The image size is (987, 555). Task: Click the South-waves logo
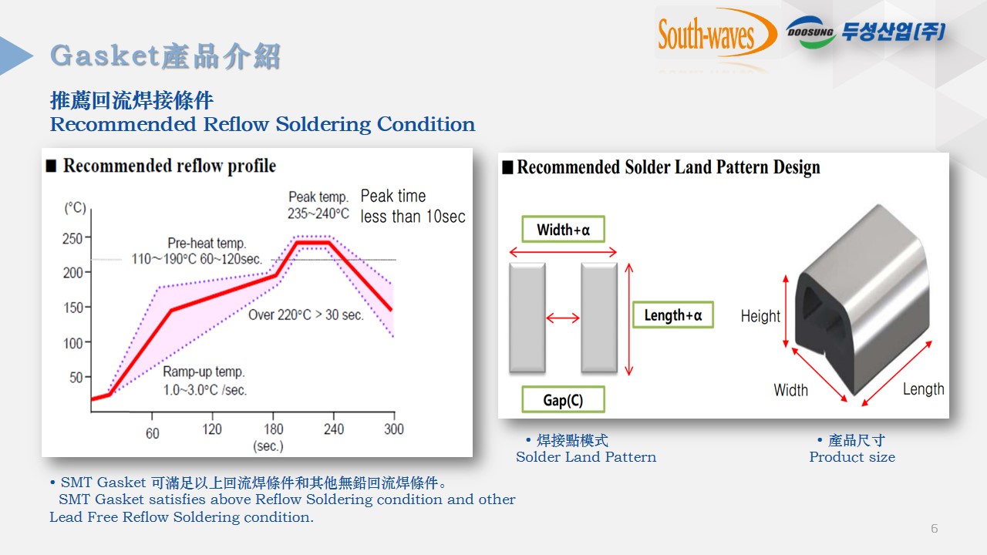point(717,33)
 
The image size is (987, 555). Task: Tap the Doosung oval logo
point(810,32)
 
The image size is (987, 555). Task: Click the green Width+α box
point(563,229)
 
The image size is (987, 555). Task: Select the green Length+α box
point(673,315)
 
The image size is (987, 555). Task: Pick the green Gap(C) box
point(563,399)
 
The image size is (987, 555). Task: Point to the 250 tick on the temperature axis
point(88,237)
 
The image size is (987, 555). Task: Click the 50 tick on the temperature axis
point(88,377)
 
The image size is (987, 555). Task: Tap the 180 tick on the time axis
point(273,416)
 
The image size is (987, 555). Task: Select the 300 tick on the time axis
point(394,416)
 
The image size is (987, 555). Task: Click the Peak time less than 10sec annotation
point(413,206)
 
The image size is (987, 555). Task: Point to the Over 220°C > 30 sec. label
point(306,315)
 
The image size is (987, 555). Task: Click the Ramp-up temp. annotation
point(205,381)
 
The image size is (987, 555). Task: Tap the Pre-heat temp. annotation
point(197,251)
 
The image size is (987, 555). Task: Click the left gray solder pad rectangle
point(527,318)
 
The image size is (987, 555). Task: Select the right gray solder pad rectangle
point(599,318)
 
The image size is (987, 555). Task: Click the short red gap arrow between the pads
point(563,318)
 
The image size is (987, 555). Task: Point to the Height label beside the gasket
point(760,316)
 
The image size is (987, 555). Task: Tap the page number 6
point(934,529)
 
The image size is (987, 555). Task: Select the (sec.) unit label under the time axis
point(268,446)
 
